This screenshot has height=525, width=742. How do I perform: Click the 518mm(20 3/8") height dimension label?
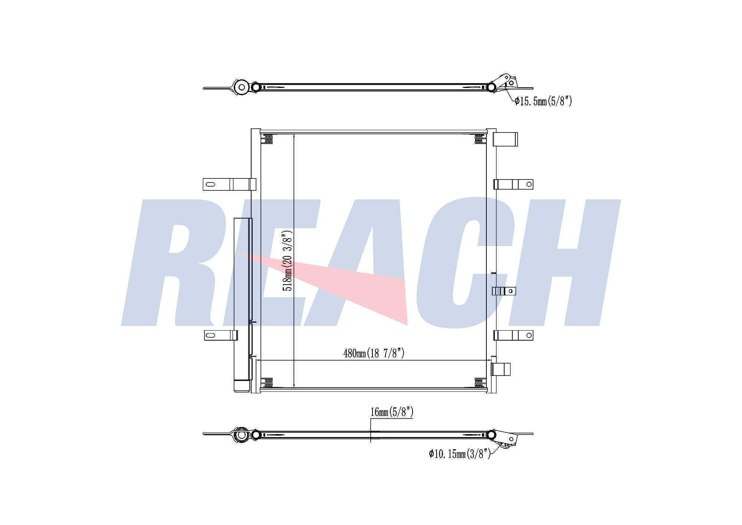[x=288, y=260]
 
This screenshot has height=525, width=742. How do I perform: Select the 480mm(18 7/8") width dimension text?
[x=374, y=353]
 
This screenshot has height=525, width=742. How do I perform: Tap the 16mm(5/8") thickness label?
[x=392, y=412]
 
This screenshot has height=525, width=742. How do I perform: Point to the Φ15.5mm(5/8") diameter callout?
[x=543, y=101]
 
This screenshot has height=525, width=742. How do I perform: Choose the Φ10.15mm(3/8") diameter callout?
[x=460, y=453]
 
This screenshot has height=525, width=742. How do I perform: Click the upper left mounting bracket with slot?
[x=229, y=184]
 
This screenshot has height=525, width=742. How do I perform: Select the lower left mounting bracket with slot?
[x=221, y=335]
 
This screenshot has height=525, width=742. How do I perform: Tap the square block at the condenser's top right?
[x=505, y=139]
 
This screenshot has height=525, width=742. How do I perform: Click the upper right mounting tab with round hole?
[x=513, y=184]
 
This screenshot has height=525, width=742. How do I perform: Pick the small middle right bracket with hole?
[x=504, y=291]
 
